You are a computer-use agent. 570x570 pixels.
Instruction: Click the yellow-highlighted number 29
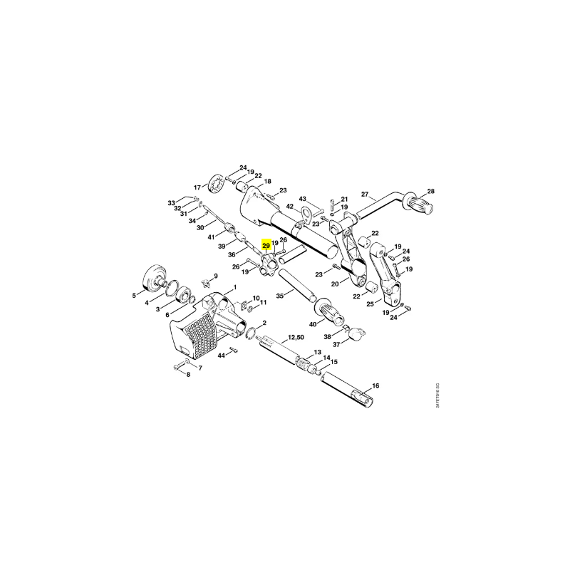point(266,245)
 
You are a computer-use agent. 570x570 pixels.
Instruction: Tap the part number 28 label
point(430,192)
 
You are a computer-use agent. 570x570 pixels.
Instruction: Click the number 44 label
point(222,355)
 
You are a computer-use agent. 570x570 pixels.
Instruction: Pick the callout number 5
point(134,295)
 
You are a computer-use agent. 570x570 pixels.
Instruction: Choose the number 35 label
point(280,294)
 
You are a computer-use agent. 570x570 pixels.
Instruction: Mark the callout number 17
point(197,188)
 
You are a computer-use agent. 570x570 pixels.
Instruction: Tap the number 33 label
point(172,203)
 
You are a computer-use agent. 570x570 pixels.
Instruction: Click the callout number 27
point(365,194)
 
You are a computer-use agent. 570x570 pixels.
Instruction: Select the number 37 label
point(336,343)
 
